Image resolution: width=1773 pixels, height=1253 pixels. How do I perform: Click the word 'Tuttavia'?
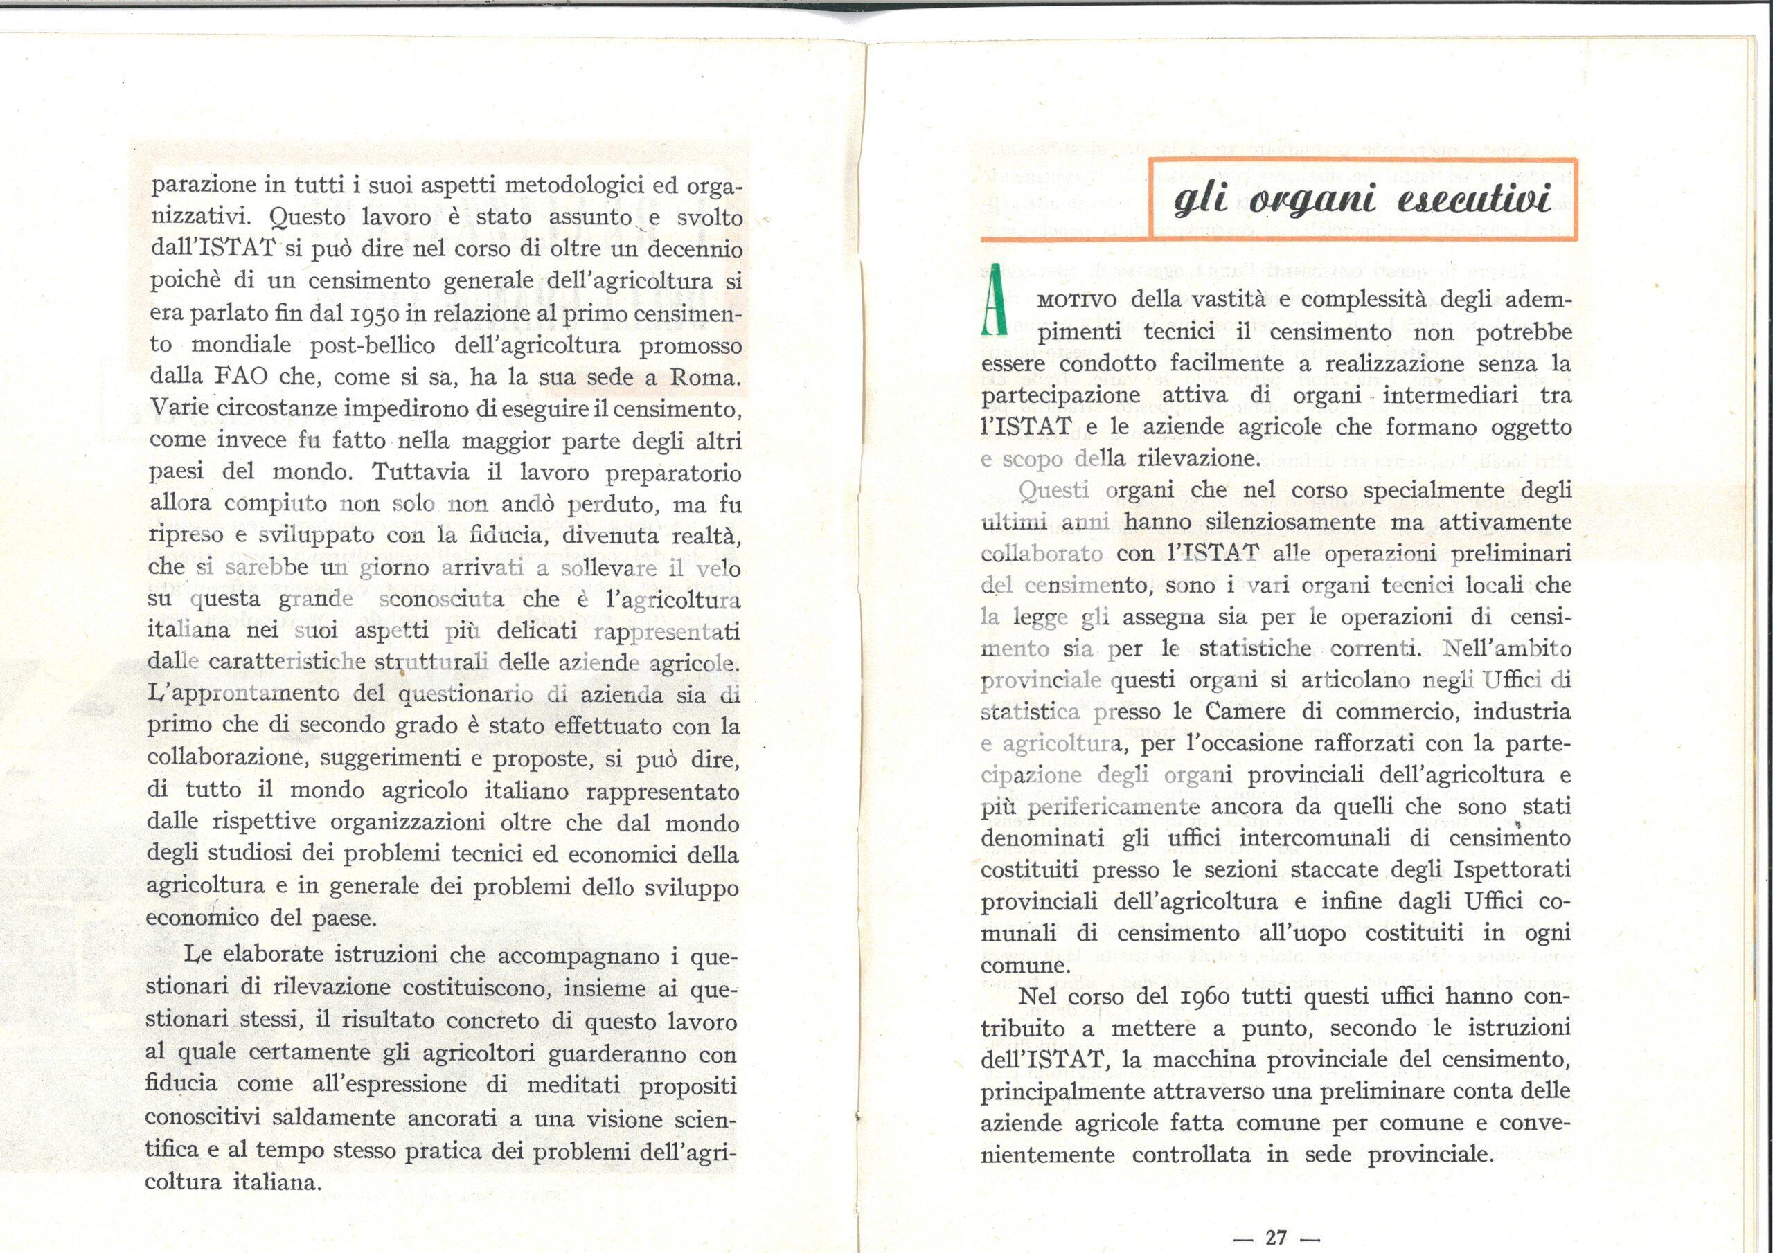point(418,471)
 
